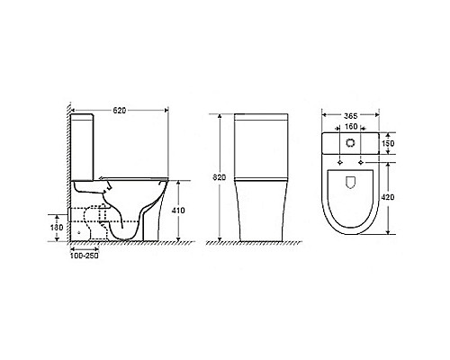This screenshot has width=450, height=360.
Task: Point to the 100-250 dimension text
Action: [x=85, y=256]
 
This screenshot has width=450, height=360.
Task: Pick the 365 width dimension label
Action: [x=351, y=116]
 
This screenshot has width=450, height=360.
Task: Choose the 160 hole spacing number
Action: [x=350, y=128]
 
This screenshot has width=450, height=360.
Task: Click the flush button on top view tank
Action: [x=351, y=143]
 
